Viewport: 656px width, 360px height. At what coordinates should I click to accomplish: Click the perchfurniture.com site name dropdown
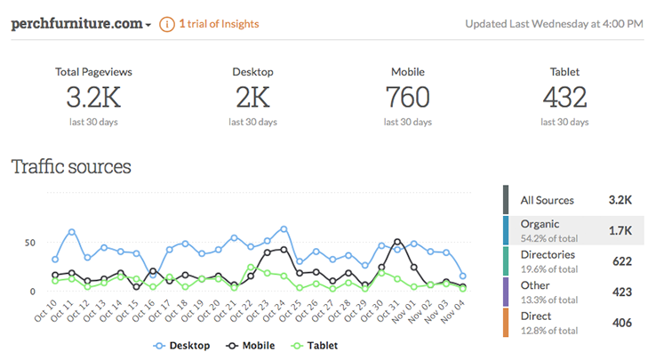81,24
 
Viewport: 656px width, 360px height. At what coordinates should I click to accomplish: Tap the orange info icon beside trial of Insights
166,24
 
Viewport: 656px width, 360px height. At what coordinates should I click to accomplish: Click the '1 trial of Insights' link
219,24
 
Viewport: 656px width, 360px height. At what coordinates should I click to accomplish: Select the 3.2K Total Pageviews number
92,97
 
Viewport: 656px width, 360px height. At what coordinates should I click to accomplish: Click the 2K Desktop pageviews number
252,97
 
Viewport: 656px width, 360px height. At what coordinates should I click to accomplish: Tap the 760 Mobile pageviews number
408,97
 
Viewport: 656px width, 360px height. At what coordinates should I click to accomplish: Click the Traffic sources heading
71,166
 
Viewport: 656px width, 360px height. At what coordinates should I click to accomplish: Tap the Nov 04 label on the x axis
456,311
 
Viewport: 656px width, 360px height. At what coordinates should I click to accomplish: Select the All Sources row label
548,201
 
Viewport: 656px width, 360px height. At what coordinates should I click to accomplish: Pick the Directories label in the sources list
548,254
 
